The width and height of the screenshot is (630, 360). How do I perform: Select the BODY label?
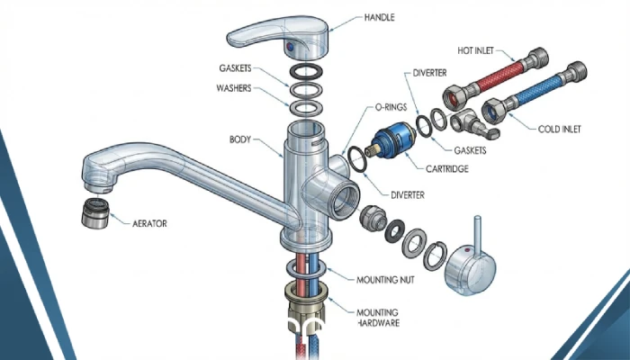[243, 140]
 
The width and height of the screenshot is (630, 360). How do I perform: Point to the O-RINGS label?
[392, 107]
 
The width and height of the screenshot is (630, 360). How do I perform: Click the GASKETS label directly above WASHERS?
[237, 68]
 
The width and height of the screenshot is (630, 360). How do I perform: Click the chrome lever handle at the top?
[279, 34]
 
